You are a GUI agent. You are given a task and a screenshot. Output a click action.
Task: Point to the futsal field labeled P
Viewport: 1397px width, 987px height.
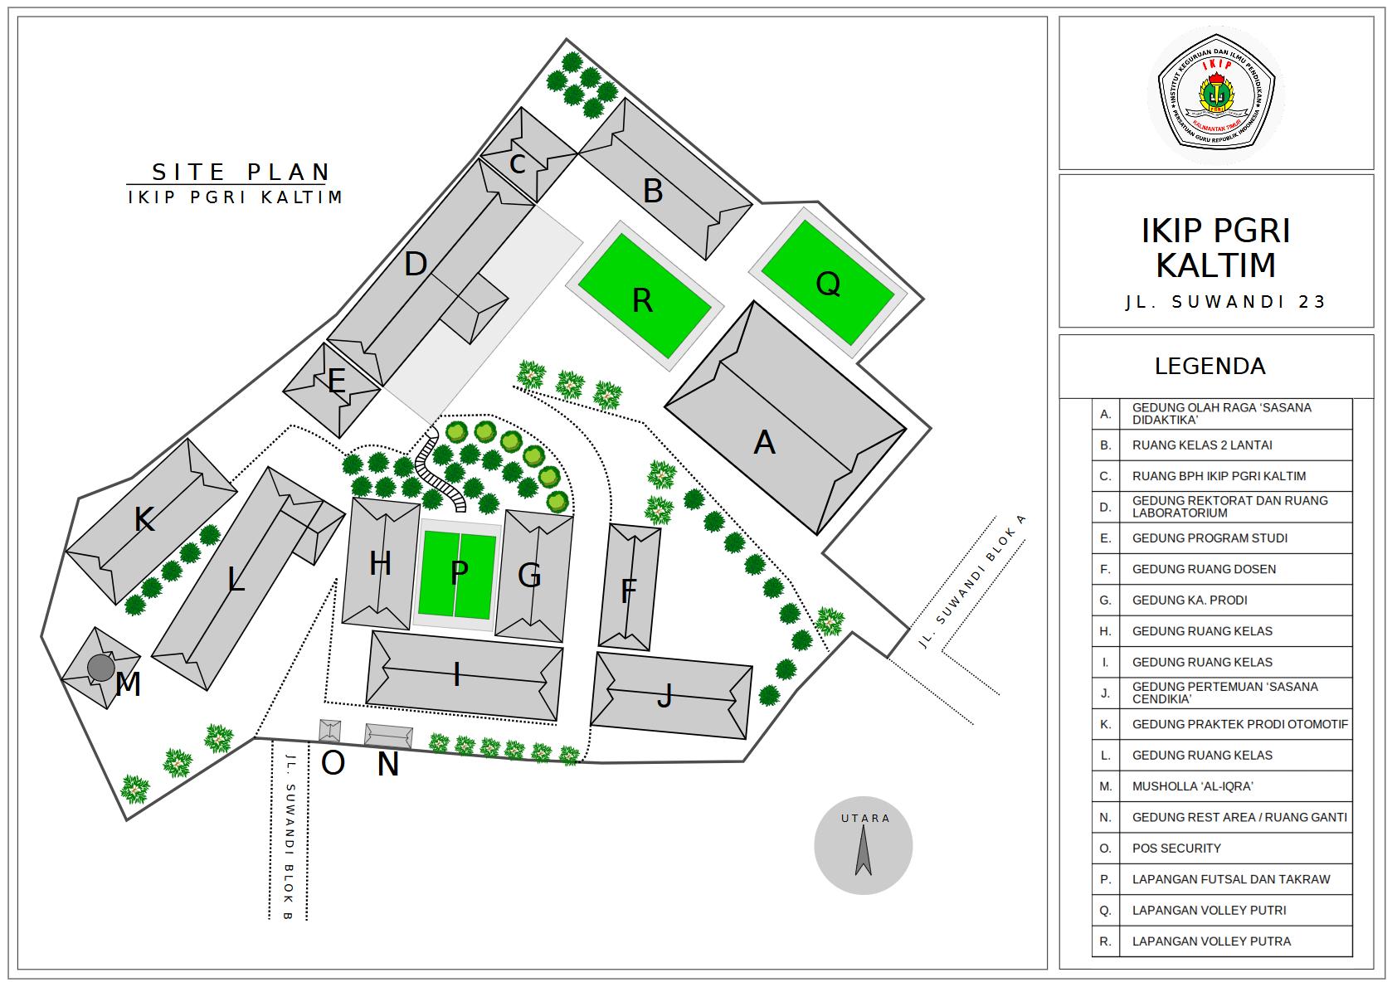(459, 573)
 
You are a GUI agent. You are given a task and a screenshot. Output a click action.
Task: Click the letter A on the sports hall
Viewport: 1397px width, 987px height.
(764, 443)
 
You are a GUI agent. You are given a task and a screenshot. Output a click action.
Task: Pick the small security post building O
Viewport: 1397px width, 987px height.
(330, 731)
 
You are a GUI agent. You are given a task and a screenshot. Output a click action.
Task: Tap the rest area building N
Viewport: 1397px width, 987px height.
(389, 736)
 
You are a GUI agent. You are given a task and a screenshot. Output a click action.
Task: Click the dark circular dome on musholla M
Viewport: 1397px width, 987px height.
(101, 667)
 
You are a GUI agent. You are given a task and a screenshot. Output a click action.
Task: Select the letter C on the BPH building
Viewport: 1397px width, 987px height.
(518, 164)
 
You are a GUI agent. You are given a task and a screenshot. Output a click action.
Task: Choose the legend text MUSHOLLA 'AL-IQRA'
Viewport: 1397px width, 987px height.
(1192, 786)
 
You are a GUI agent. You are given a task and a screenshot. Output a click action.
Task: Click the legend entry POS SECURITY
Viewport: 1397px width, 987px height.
(1176, 848)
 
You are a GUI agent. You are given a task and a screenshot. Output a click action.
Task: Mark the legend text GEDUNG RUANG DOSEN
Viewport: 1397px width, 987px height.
(1204, 569)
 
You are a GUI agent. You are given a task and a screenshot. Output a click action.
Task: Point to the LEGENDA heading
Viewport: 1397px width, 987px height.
(1210, 367)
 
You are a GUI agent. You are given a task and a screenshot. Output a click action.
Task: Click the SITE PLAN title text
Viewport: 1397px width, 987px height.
(241, 173)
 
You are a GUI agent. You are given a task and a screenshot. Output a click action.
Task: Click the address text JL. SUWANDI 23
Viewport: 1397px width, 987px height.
(1225, 302)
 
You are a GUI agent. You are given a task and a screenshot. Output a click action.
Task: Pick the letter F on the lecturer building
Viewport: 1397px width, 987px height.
(629, 591)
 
